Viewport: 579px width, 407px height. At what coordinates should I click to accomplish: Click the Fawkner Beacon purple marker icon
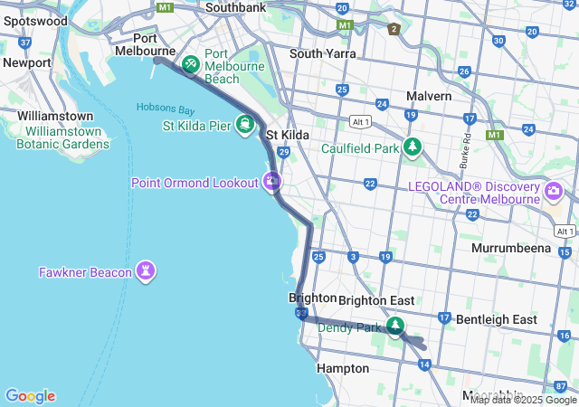[146, 271]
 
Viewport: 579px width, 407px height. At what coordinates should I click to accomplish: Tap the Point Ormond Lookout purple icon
[271, 182]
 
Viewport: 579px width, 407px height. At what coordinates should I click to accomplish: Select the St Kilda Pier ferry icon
[244, 125]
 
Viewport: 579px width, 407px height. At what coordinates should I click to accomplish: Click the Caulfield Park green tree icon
[413, 147]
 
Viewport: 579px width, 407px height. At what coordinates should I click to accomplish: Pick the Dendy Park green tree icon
[394, 327]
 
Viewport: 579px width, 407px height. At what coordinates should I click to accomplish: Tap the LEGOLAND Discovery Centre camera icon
[554, 192]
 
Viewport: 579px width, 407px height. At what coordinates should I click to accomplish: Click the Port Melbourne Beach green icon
[191, 63]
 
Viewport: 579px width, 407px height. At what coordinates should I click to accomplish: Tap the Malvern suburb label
[429, 96]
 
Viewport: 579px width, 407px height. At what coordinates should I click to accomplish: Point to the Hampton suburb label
[343, 368]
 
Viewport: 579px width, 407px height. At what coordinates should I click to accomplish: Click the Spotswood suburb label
[35, 20]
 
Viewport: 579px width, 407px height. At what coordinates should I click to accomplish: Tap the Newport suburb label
[26, 62]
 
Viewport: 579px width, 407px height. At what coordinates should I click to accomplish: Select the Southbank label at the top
[235, 7]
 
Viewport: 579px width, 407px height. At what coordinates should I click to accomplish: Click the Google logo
[30, 395]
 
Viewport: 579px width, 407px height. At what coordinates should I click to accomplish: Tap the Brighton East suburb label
[376, 299]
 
